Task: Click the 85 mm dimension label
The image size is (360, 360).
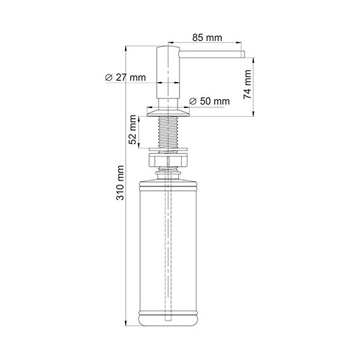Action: (x=207, y=38)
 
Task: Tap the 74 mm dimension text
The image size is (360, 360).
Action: (x=248, y=85)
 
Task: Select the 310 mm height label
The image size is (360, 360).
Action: (x=120, y=183)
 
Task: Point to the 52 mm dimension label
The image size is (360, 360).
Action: (x=133, y=129)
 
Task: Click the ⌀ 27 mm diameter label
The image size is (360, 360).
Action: (x=125, y=78)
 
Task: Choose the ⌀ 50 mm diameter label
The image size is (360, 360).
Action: (x=210, y=101)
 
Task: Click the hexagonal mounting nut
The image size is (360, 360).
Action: (x=168, y=160)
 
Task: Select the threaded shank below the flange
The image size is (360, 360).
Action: (x=168, y=132)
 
